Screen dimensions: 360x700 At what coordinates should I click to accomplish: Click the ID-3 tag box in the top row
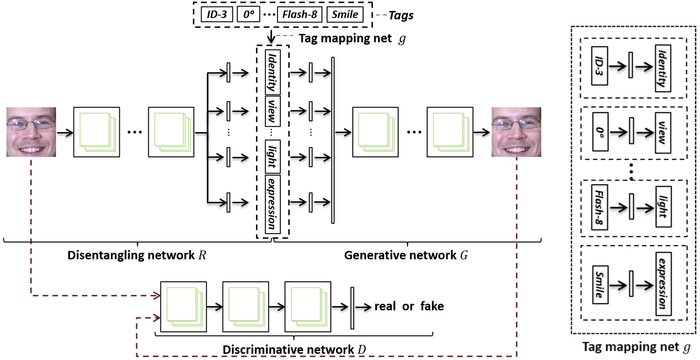pos(218,15)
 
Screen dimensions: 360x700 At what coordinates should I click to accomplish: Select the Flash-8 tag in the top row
pos(299,15)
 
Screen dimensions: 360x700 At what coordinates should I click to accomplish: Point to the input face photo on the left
pos(31,132)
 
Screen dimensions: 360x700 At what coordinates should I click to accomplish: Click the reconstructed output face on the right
pos(517,132)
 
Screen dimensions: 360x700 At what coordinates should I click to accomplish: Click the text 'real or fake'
pos(409,307)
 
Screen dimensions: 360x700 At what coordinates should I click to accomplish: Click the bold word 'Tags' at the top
pos(401,15)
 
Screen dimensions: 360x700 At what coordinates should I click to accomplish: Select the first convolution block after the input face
pos(97,132)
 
